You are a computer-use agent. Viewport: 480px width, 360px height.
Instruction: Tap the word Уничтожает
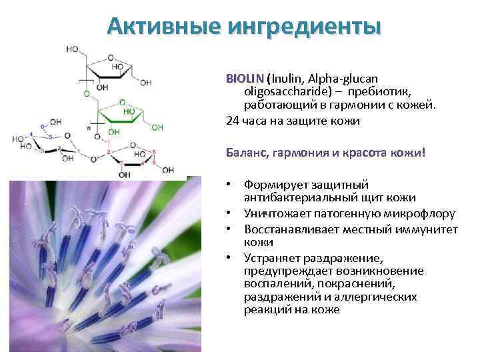tap(277, 213)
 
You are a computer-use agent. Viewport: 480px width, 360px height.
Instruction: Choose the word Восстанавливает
tap(289, 229)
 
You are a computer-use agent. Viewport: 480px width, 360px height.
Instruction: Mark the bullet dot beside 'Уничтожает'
tap(228, 213)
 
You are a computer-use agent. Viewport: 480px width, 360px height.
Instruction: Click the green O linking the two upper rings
tap(87, 94)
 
